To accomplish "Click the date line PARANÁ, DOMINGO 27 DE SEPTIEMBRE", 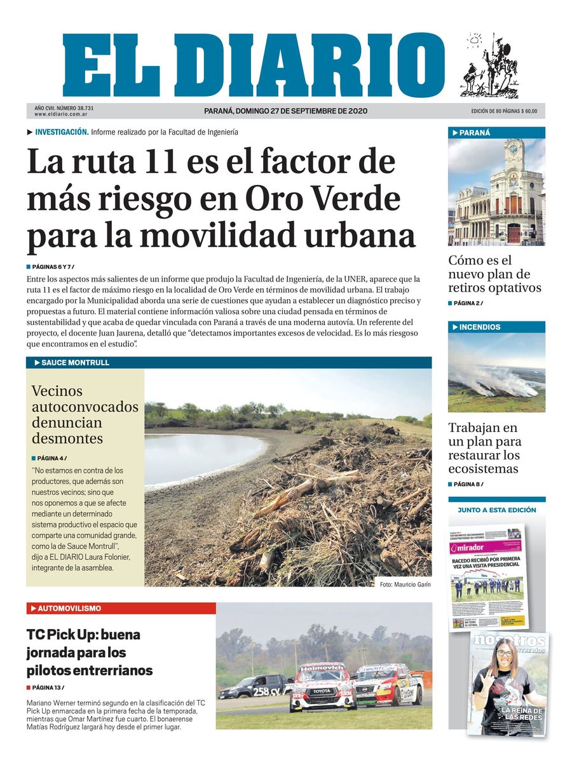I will coord(285,111).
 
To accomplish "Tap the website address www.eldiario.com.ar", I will coord(61,114).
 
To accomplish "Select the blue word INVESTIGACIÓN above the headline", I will coord(61,132).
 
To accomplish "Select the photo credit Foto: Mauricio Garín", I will coord(400,585).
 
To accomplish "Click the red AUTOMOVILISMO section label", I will coord(69,608).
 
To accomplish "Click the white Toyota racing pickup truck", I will coord(321,689).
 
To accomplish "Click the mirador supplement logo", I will coord(468,548).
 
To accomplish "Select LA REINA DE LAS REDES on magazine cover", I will coord(521,714).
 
